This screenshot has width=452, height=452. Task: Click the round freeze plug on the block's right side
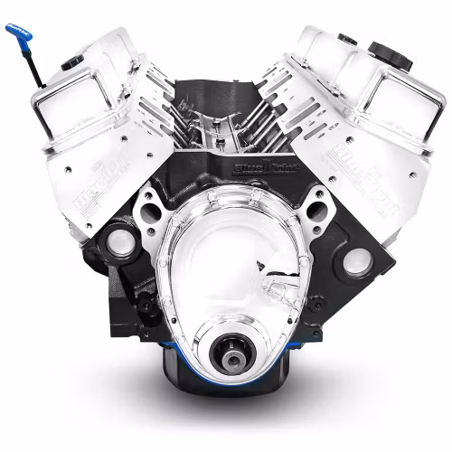point(353,263)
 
